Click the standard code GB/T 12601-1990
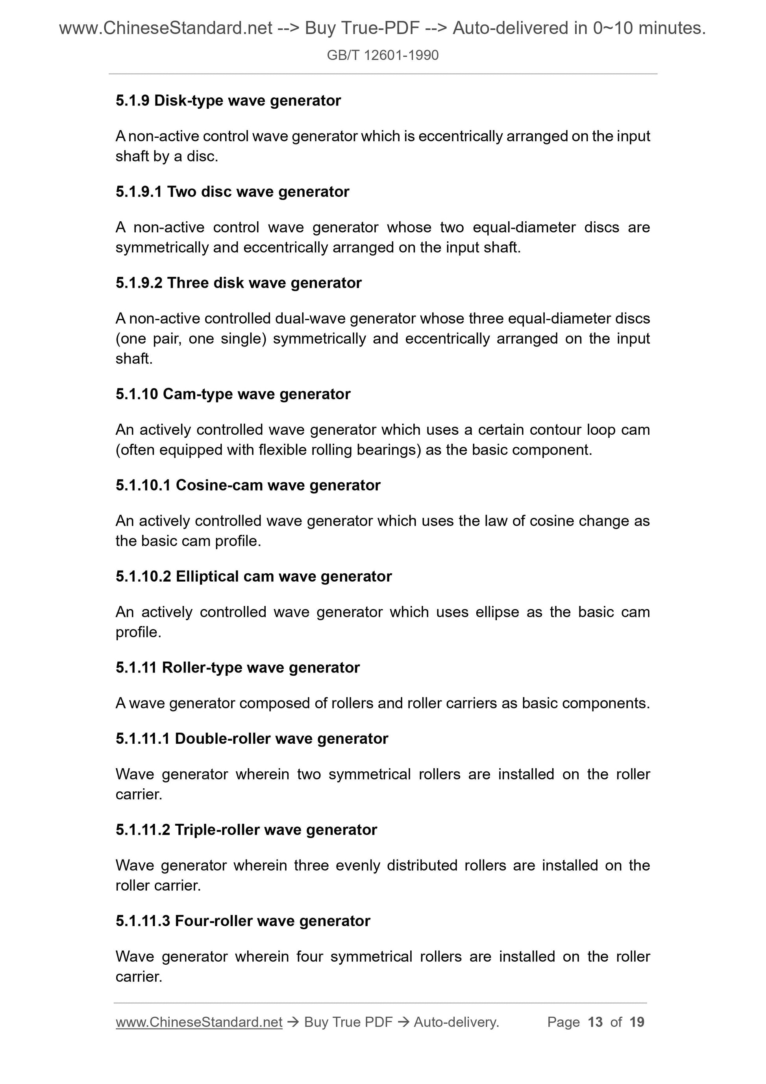(382, 56)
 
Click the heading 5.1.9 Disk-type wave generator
(228, 100)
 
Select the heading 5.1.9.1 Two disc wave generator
(232, 192)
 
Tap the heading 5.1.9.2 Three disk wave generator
(239, 283)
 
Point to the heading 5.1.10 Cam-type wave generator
(233, 394)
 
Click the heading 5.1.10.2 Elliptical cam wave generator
(253, 576)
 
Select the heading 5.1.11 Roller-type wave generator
(237, 667)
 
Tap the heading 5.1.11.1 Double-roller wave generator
(252, 738)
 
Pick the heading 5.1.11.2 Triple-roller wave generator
(246, 830)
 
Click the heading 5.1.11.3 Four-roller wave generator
(242, 921)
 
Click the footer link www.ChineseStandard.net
(199, 1022)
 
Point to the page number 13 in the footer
(595, 1022)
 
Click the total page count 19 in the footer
(636, 1022)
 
